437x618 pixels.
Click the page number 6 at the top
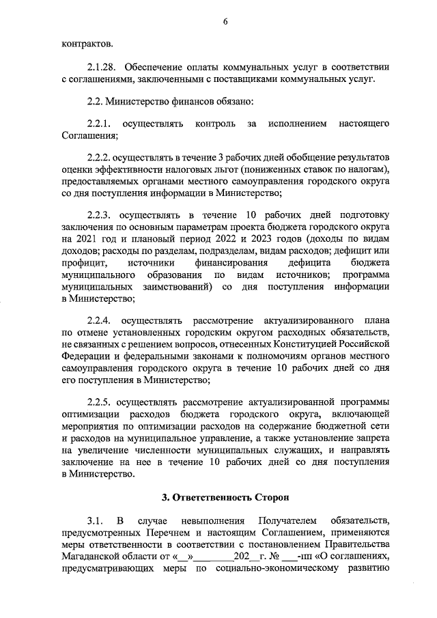[225, 23]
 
